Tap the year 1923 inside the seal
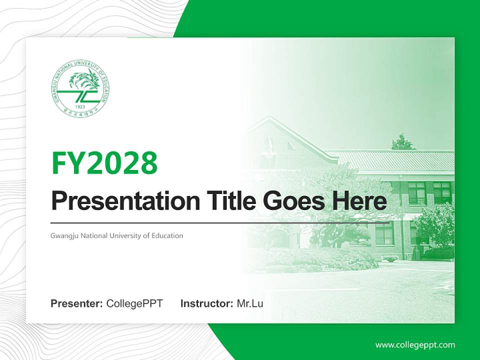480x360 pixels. point(79,107)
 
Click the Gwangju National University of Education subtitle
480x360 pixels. point(117,235)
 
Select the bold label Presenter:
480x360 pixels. point(77,303)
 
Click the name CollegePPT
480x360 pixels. point(134,303)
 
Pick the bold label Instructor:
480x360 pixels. point(206,303)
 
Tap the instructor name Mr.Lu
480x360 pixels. point(250,303)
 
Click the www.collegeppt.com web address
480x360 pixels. point(415,344)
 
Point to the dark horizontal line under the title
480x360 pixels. point(220,222)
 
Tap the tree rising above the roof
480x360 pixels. point(403,142)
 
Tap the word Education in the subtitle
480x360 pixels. point(169,235)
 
